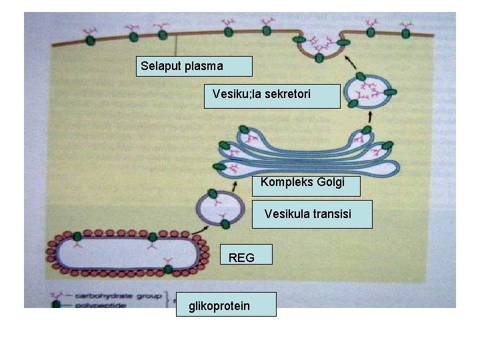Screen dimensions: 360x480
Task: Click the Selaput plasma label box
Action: [x=194, y=66]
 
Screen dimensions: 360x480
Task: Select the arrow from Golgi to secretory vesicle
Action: [x=368, y=119]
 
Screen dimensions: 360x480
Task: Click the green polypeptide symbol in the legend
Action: [x=59, y=303]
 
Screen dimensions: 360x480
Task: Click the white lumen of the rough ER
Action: [x=120, y=252]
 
